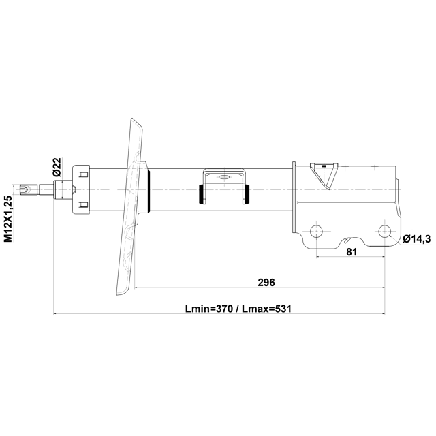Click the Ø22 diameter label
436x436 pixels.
pyautogui.click(x=57, y=167)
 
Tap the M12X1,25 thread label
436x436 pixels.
pyautogui.click(x=8, y=219)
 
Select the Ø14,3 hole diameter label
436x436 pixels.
pyautogui.click(x=417, y=238)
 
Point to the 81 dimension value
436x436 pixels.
pyautogui.click(x=352, y=252)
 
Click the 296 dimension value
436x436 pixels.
pyautogui.click(x=266, y=283)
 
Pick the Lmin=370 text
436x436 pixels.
pyautogui.click(x=209, y=309)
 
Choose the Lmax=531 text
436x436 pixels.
pyautogui.click(x=266, y=309)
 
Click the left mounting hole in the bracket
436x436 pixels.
pyautogui.click(x=316, y=231)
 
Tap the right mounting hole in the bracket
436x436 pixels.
pyautogui.click(x=385, y=231)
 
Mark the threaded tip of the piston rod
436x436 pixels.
pyautogui.click(x=25, y=189)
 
